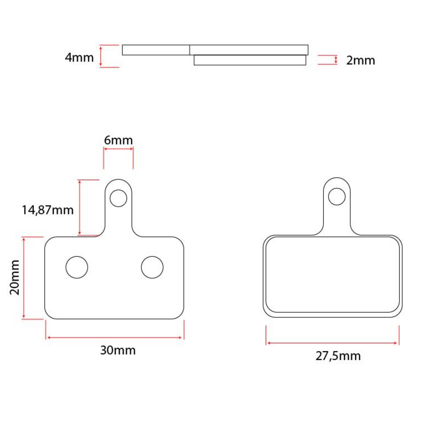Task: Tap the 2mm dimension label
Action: pyautogui.click(x=360, y=60)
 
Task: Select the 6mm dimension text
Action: pyautogui.click(x=118, y=140)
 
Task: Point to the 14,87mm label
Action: pyautogui.click(x=47, y=210)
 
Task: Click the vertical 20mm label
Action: pyautogui.click(x=14, y=277)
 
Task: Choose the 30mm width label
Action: pyautogui.click(x=118, y=350)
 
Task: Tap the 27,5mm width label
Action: pyautogui.click(x=338, y=355)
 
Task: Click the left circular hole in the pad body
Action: pyautogui.click(x=77, y=267)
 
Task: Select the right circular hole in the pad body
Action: pyautogui.click(x=152, y=267)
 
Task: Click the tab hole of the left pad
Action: pyautogui.click(x=118, y=198)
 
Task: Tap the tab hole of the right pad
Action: pyautogui.click(x=336, y=196)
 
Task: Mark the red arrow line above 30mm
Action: pyautogui.click(x=115, y=337)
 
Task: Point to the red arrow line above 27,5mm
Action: pyautogui.click(x=332, y=343)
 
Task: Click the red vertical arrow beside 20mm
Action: pyautogui.click(x=24, y=278)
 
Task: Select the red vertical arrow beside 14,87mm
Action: pyautogui.click(x=79, y=207)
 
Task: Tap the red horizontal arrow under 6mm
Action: pyautogui.click(x=118, y=149)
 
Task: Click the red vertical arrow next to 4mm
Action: pyautogui.click(x=101, y=56)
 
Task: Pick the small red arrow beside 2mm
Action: pyautogui.click(x=336, y=60)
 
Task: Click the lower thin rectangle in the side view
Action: pyautogui.click(x=250, y=60)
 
